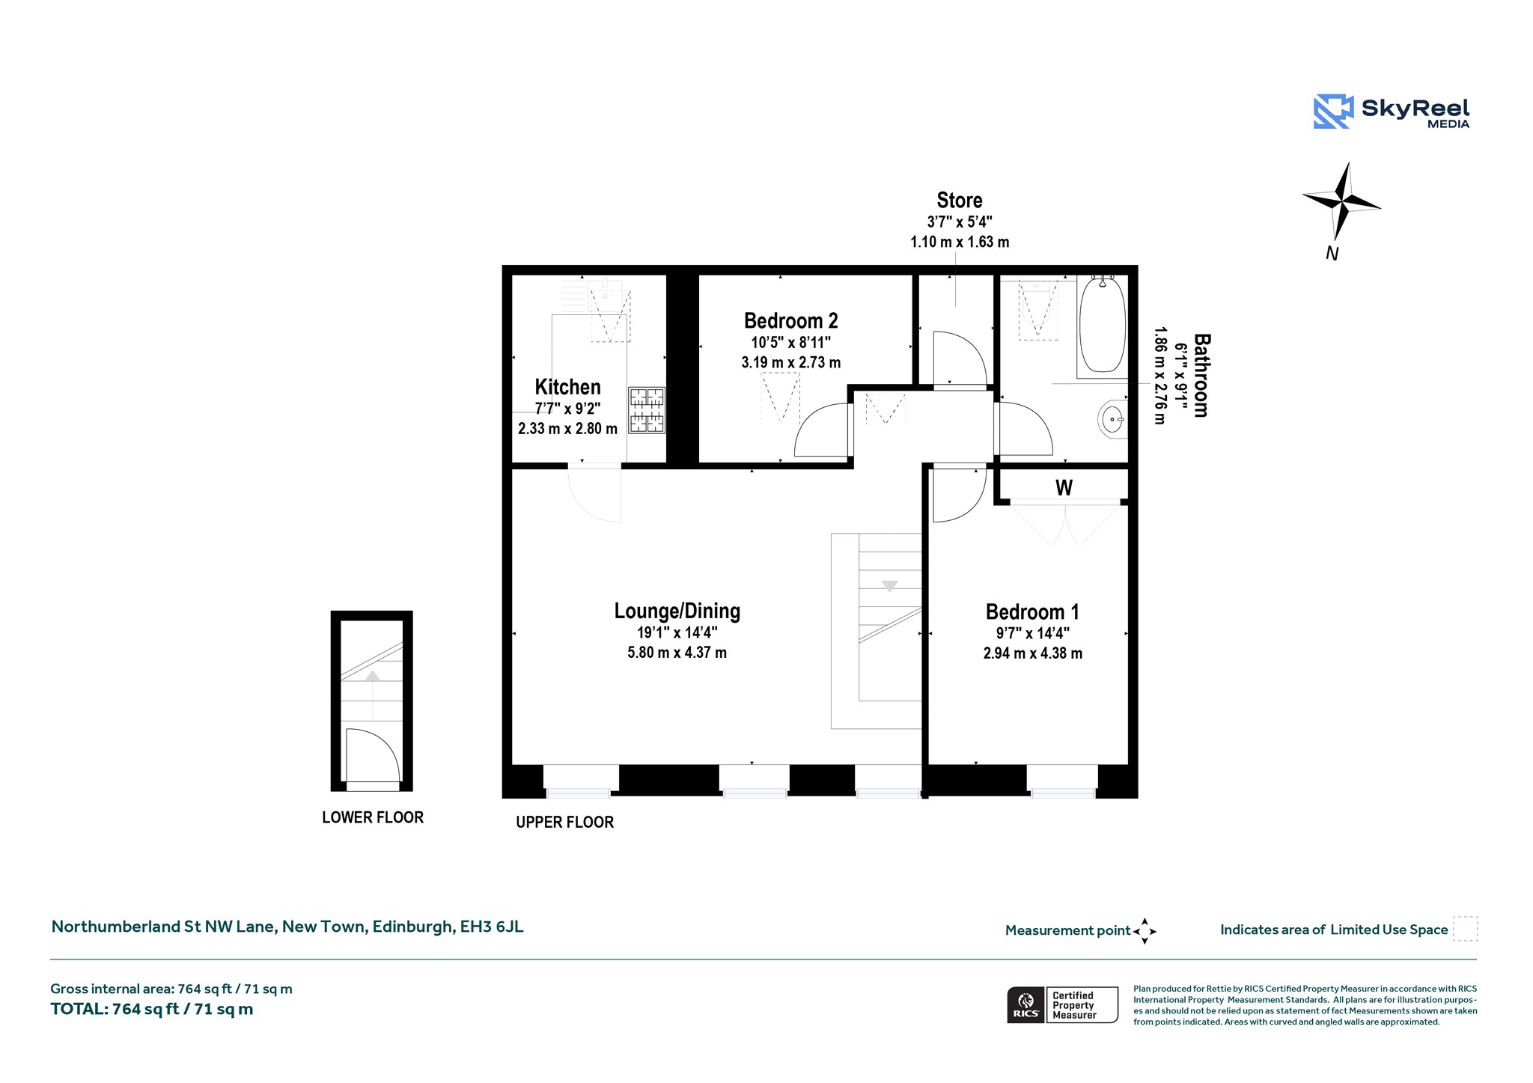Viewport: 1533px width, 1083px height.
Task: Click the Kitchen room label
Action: (x=567, y=387)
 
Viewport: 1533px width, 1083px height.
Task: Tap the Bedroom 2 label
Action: (x=790, y=320)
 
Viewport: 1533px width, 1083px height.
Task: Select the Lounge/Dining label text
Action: (x=677, y=611)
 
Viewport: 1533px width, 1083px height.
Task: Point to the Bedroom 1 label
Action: (x=1032, y=611)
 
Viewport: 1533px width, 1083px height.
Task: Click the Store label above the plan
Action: (x=959, y=200)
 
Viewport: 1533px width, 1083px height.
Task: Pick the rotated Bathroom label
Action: (x=1201, y=375)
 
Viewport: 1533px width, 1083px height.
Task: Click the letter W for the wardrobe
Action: (x=1064, y=488)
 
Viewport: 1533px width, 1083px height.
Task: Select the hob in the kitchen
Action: (x=647, y=410)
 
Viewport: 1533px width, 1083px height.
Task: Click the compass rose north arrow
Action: (x=1342, y=201)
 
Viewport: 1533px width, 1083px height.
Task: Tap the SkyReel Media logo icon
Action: (x=1333, y=112)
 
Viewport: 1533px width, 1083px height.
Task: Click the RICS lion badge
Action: (x=1025, y=1004)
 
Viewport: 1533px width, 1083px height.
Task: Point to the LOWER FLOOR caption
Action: (x=373, y=817)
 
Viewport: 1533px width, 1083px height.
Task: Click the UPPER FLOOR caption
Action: (x=564, y=822)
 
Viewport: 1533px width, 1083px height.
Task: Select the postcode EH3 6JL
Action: (x=492, y=927)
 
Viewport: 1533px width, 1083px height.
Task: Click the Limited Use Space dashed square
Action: (x=1465, y=929)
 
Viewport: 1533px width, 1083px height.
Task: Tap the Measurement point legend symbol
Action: (x=1145, y=931)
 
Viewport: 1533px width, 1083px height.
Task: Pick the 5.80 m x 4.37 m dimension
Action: (x=677, y=653)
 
